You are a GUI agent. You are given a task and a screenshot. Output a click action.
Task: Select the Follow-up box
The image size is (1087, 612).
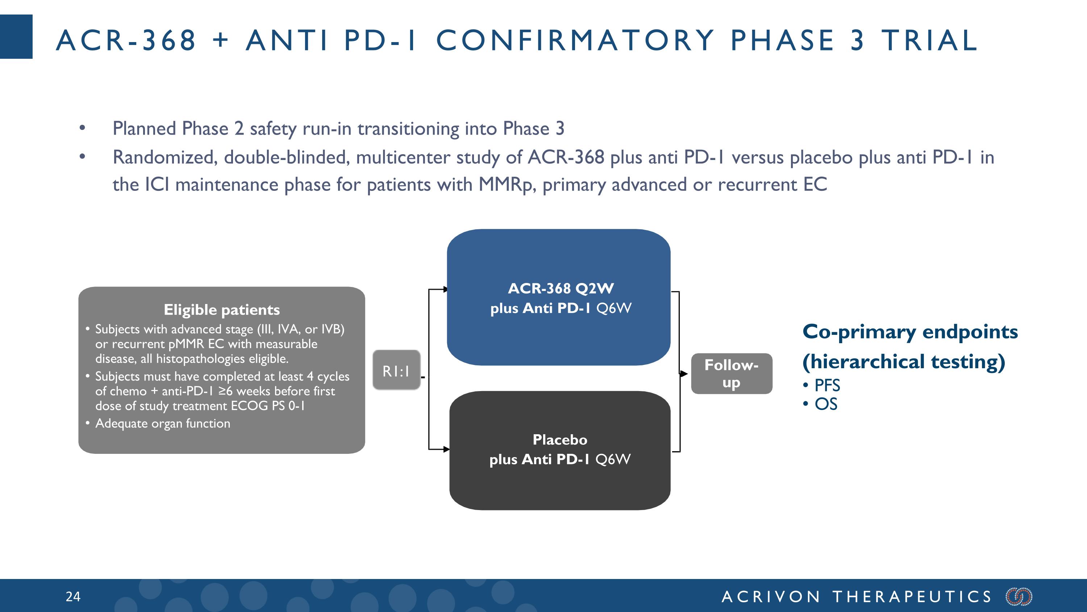click(x=731, y=374)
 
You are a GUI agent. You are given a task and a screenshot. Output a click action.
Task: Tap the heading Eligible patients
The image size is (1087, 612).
click(x=221, y=309)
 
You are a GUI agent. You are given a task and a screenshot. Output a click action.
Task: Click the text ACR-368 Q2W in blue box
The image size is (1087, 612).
click(x=561, y=288)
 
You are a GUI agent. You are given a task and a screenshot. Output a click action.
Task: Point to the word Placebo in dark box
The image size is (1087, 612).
click(x=559, y=440)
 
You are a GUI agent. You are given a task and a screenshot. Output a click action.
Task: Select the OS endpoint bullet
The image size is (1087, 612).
click(x=825, y=404)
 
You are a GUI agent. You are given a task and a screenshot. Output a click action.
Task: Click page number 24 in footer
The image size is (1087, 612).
click(x=73, y=596)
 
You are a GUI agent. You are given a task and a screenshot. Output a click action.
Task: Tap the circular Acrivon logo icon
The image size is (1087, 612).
click(x=1019, y=596)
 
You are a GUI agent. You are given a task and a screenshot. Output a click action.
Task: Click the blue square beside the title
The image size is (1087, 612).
click(x=16, y=37)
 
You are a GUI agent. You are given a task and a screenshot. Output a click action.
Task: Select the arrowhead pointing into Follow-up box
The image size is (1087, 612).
click(x=684, y=373)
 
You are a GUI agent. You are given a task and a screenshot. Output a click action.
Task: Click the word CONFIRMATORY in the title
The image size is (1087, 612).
click(x=575, y=40)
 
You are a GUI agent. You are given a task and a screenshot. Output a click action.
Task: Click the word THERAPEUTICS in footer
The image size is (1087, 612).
click(x=912, y=596)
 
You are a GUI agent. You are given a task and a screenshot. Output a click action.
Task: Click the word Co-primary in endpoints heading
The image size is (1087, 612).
click(x=859, y=332)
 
